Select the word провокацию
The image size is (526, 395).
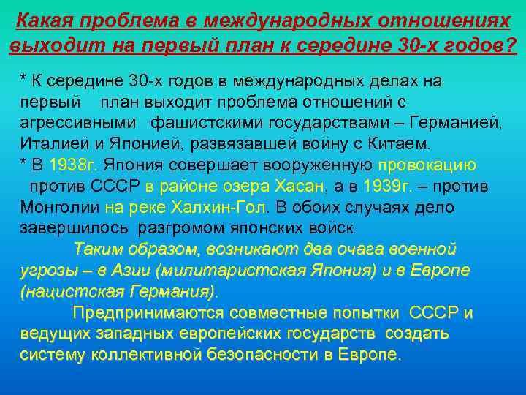pos(428,165)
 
